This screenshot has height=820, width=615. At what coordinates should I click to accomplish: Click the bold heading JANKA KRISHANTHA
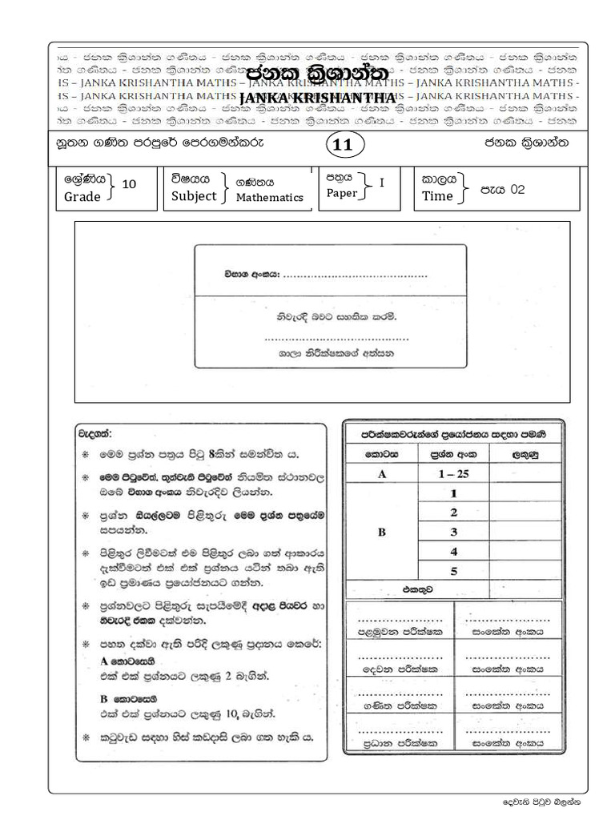tap(318, 97)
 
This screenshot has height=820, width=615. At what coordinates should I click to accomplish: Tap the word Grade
tap(82, 197)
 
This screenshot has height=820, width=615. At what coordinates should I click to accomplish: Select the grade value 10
tap(128, 184)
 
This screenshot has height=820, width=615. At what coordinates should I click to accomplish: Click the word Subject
tap(194, 195)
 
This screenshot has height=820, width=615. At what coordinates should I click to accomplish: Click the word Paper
tap(342, 193)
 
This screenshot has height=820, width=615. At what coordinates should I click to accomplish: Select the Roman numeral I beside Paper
tap(382, 183)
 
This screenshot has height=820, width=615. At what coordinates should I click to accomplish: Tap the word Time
tap(437, 196)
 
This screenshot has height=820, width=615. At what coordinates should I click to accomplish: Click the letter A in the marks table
tap(382, 474)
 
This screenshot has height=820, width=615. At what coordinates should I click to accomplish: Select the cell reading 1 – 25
tap(453, 474)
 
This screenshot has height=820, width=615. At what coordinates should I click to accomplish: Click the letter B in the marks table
tap(382, 532)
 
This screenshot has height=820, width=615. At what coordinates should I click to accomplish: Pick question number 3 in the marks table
tap(453, 532)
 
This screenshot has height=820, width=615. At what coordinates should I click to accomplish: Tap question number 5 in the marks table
tap(453, 571)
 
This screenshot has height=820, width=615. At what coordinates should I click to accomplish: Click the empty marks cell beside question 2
tap(525, 512)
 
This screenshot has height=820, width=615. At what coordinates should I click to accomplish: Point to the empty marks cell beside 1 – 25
tap(525, 474)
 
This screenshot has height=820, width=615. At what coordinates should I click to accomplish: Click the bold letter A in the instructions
tap(104, 661)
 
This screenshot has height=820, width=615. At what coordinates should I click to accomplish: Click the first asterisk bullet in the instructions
tap(86, 454)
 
